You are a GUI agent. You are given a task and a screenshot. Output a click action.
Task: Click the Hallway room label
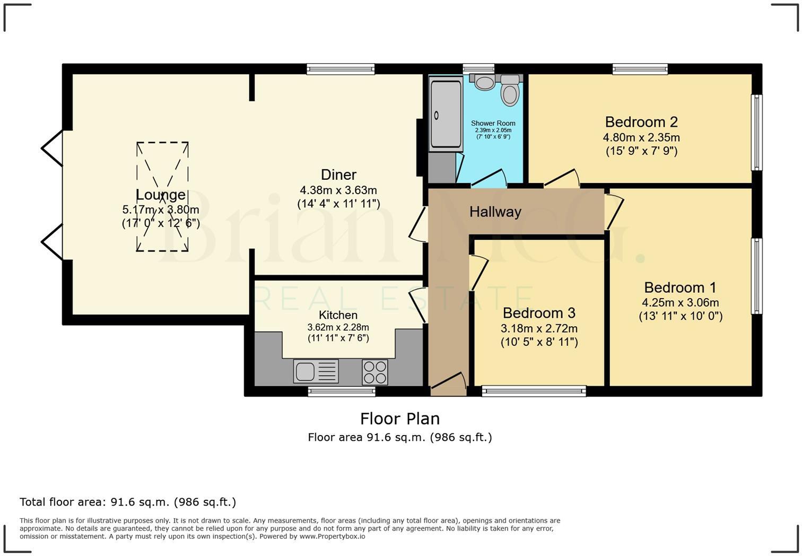coord(495,212)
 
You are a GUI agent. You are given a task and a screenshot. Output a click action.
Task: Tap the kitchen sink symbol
coord(316,371)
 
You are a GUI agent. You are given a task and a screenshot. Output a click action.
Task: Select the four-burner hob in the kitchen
coord(374,372)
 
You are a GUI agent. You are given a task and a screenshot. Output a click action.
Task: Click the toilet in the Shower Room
coord(510,91)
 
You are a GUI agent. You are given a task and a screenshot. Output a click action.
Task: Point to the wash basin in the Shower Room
coord(484,82)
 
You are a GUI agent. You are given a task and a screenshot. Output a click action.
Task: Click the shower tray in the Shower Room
coord(446,114)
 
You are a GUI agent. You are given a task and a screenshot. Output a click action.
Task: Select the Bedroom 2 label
coord(641,122)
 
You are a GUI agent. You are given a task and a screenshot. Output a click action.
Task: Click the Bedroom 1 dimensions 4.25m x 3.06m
coord(681,303)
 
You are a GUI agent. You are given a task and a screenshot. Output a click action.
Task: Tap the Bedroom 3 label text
coord(539,313)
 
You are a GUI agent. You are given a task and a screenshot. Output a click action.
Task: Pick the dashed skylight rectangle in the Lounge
coord(162,196)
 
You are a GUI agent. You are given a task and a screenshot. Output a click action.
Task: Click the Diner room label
coord(338,175)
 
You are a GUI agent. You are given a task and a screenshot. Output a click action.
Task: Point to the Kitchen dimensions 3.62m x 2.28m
coord(338,327)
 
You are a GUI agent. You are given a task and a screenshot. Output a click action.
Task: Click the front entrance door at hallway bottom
coord(448,384)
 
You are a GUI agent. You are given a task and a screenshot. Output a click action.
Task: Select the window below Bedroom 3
coord(534,392)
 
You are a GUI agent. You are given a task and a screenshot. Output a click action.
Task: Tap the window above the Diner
coord(341,68)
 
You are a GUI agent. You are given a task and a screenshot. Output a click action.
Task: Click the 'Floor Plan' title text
coord(400,419)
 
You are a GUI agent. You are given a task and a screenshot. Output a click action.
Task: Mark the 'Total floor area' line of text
coord(128,502)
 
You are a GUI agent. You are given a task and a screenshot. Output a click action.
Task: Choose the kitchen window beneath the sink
coord(342,392)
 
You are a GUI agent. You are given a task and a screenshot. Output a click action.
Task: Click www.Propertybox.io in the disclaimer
coord(332,536)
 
